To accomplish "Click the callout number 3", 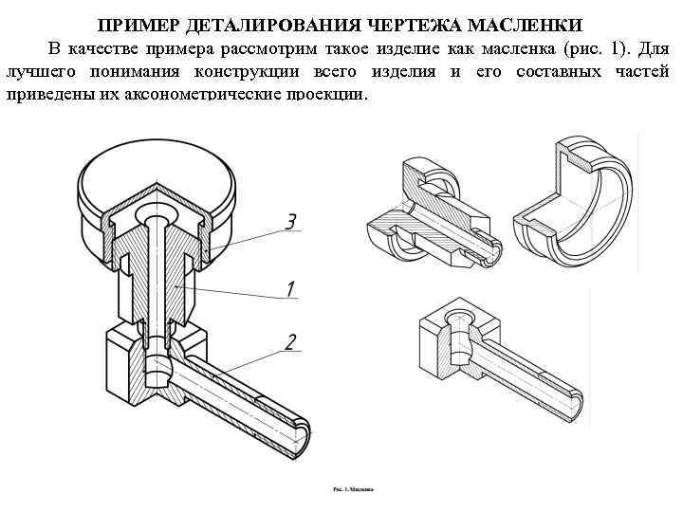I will (291, 223).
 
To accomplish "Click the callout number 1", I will (291, 287).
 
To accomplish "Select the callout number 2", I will (291, 341).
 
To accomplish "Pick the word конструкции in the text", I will (242, 73).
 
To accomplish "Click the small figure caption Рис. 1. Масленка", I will (352, 490).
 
